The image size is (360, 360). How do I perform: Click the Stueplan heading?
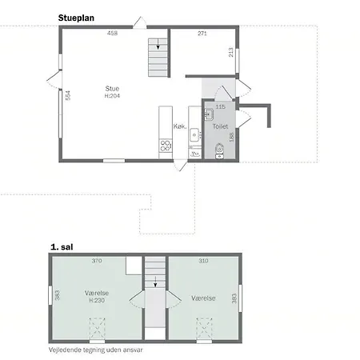(x=76, y=18)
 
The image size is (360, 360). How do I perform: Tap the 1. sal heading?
(x=62, y=247)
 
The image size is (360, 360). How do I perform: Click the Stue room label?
(x=112, y=89)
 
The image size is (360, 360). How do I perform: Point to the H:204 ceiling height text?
(x=112, y=96)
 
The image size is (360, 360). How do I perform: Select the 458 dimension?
(x=112, y=33)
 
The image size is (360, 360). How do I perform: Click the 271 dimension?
(x=202, y=34)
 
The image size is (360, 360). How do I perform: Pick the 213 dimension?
(x=231, y=52)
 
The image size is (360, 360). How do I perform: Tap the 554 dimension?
(x=68, y=95)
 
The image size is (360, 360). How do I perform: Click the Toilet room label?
(x=220, y=126)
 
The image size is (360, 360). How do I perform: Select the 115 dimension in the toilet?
(x=220, y=106)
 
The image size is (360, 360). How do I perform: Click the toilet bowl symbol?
(x=219, y=150)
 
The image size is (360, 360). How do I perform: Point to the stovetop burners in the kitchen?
(x=166, y=146)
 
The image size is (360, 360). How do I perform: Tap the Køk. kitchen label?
(x=180, y=126)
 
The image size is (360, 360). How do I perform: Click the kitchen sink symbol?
(x=194, y=135)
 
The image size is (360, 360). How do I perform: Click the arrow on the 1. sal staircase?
(x=155, y=282)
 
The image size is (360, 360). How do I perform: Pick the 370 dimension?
(x=97, y=261)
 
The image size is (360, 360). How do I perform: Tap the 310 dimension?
(x=203, y=261)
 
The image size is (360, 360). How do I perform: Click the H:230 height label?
(x=97, y=301)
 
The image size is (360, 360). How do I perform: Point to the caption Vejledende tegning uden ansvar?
(x=96, y=350)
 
